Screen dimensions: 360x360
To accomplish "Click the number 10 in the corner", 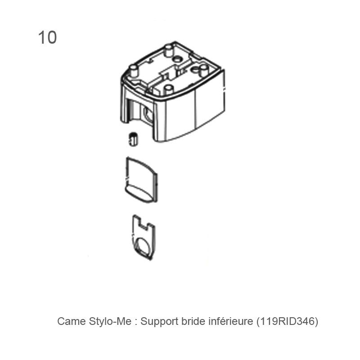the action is tap(47, 37).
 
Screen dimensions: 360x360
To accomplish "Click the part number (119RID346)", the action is tap(287, 321).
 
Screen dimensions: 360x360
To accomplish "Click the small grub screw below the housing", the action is tap(133, 139).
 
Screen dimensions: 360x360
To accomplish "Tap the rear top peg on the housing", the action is tap(169, 50).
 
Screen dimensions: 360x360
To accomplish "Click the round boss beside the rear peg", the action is tap(177, 59).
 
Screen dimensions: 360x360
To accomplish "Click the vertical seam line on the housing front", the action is tap(195, 108).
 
